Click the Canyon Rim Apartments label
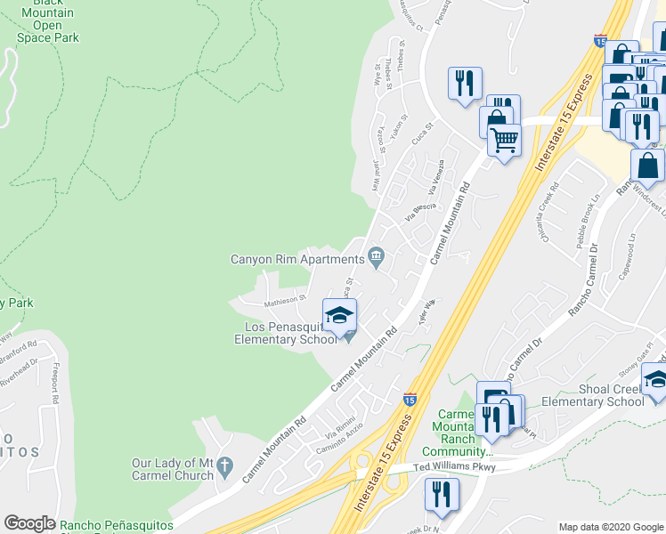click(297, 260)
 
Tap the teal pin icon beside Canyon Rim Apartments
click(377, 259)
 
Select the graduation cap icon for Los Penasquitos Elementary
click(339, 316)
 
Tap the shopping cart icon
click(504, 140)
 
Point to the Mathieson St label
click(284, 301)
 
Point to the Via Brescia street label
click(419, 211)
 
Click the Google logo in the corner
click(29, 523)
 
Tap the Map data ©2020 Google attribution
click(610, 527)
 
